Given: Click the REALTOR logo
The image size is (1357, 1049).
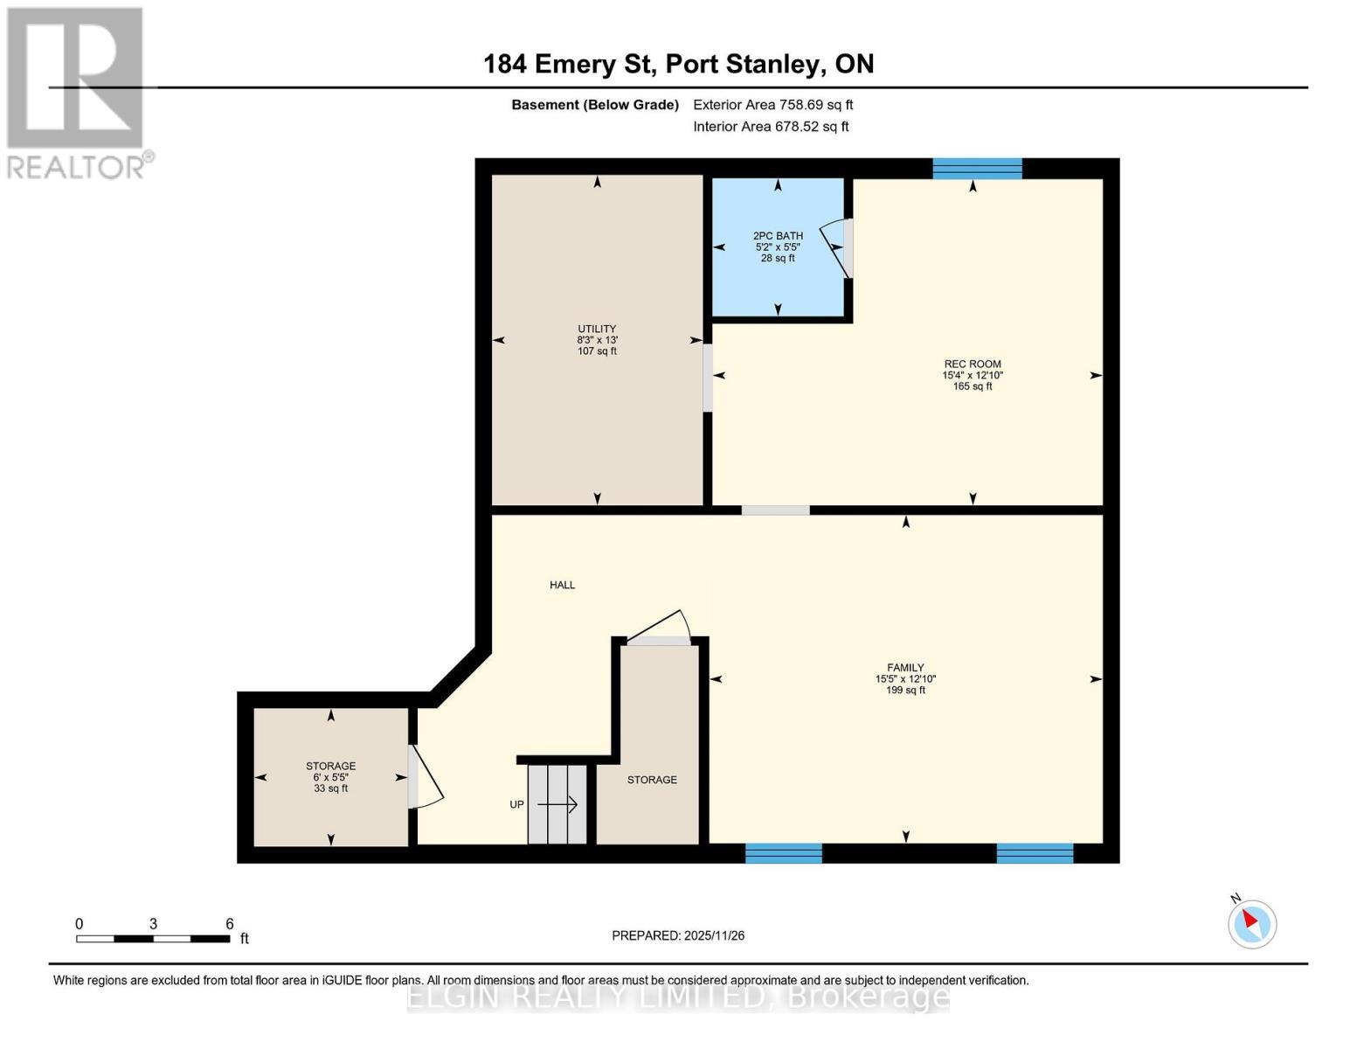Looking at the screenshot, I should (76, 92).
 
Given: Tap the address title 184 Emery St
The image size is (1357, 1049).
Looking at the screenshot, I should (678, 64).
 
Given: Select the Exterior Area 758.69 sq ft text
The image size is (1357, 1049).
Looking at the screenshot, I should (772, 105).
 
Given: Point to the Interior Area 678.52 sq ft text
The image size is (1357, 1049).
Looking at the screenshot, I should (771, 127).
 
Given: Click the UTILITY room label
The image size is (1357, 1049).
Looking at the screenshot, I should (597, 340).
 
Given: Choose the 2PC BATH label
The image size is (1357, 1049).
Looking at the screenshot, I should (778, 247).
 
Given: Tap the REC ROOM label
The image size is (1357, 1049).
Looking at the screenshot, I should (972, 375).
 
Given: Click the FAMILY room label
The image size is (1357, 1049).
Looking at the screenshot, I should (905, 678).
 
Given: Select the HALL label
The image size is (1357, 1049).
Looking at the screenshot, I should (562, 585).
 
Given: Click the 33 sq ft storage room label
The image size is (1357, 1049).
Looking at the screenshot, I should (330, 777).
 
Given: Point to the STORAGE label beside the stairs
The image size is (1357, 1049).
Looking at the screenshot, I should (652, 780).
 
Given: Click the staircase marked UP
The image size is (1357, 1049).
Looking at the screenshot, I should (557, 804).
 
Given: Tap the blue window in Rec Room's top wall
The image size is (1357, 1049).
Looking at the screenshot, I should (977, 169).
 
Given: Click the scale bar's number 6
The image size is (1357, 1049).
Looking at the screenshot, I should (230, 924).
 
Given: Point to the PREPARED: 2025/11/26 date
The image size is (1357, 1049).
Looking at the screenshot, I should (678, 935).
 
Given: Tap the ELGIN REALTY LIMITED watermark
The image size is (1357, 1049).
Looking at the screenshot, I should (678, 997).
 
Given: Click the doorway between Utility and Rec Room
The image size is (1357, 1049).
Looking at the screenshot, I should (708, 378).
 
